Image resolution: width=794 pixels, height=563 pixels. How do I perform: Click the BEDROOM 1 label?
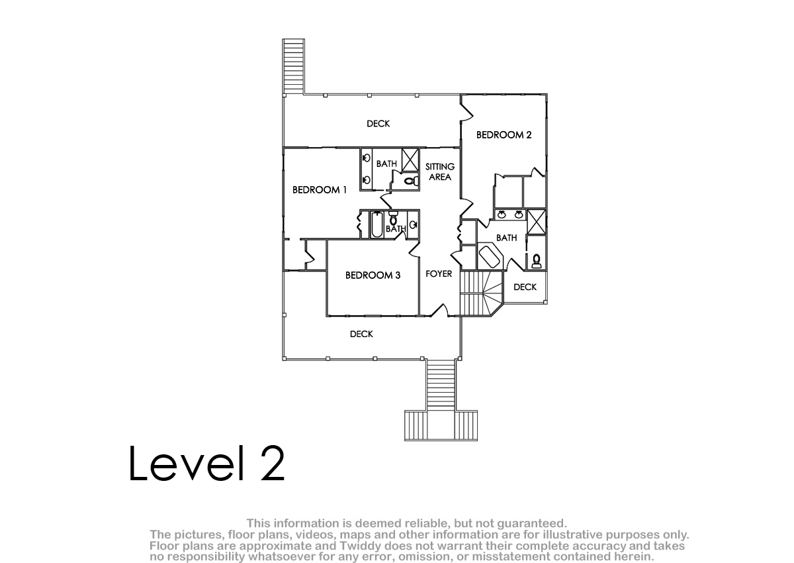[320, 190]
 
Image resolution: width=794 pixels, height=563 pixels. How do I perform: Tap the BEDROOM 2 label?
[504, 135]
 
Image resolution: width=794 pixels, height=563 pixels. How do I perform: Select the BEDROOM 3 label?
[373, 276]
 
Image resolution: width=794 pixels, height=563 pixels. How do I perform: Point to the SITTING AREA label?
[440, 172]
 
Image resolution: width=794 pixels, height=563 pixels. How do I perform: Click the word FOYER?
[439, 274]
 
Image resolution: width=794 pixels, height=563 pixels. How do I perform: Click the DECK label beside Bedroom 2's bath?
[525, 287]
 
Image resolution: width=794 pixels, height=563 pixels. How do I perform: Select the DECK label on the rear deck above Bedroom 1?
[378, 124]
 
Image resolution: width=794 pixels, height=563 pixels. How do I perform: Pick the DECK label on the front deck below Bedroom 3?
[361, 334]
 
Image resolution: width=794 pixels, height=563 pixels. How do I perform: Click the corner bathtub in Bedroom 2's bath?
[490, 256]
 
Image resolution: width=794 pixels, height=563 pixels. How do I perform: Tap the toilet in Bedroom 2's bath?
[537, 261]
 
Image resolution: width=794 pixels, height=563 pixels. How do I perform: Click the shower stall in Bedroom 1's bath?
[410, 160]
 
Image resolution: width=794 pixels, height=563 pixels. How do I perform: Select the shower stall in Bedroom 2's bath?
[537, 222]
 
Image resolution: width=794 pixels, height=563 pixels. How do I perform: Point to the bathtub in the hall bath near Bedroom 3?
[377, 225]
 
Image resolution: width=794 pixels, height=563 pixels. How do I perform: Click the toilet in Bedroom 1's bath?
[411, 181]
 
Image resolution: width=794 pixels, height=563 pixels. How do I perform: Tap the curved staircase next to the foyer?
[482, 293]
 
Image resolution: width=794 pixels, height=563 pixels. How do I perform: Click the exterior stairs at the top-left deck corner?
[294, 66]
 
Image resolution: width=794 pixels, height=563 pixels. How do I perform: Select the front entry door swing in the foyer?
[440, 310]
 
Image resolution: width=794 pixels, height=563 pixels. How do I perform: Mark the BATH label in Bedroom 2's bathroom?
[507, 238]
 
